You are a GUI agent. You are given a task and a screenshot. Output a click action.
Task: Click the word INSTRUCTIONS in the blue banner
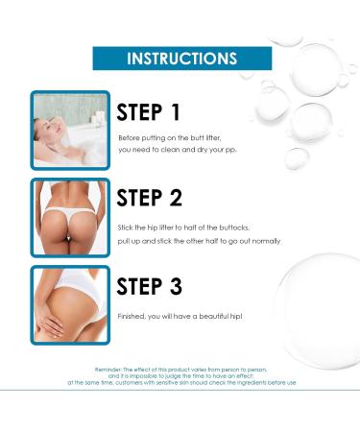pos(181,59)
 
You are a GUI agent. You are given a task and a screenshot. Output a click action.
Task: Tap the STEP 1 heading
pos(149,112)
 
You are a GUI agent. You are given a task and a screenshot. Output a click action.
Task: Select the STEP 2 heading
pos(150,198)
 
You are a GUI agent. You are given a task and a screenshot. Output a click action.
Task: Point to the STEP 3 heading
pos(150,286)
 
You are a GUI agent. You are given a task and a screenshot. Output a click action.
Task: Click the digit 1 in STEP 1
pos(176,112)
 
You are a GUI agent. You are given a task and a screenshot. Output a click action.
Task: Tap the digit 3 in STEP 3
pos(176,286)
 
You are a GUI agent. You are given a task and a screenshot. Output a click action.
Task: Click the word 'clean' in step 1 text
pos(170,150)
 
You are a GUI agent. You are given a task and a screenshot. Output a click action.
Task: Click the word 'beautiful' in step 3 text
pos(214,316)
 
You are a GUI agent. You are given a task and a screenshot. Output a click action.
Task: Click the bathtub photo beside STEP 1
pos(70,131)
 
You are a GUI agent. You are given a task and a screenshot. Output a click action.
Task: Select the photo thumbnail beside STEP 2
pos(70,218)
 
